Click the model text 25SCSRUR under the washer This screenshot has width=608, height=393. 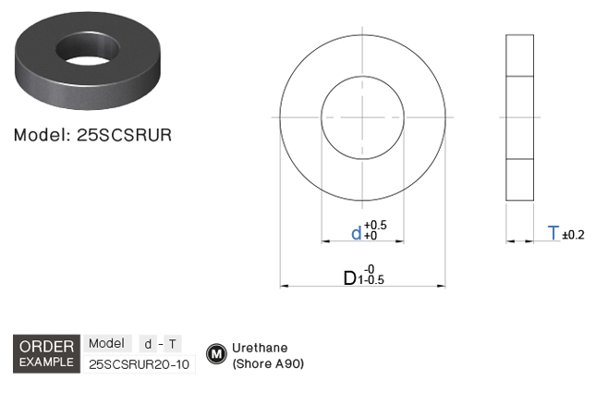(124, 135)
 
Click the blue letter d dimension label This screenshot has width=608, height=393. (356, 234)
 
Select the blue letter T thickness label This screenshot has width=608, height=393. (553, 233)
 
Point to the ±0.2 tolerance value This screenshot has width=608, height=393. (573, 235)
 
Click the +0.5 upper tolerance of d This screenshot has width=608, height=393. (375, 225)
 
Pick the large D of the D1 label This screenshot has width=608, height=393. (350, 278)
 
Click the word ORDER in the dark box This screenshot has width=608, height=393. (46, 347)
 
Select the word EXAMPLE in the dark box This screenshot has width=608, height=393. (46, 362)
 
